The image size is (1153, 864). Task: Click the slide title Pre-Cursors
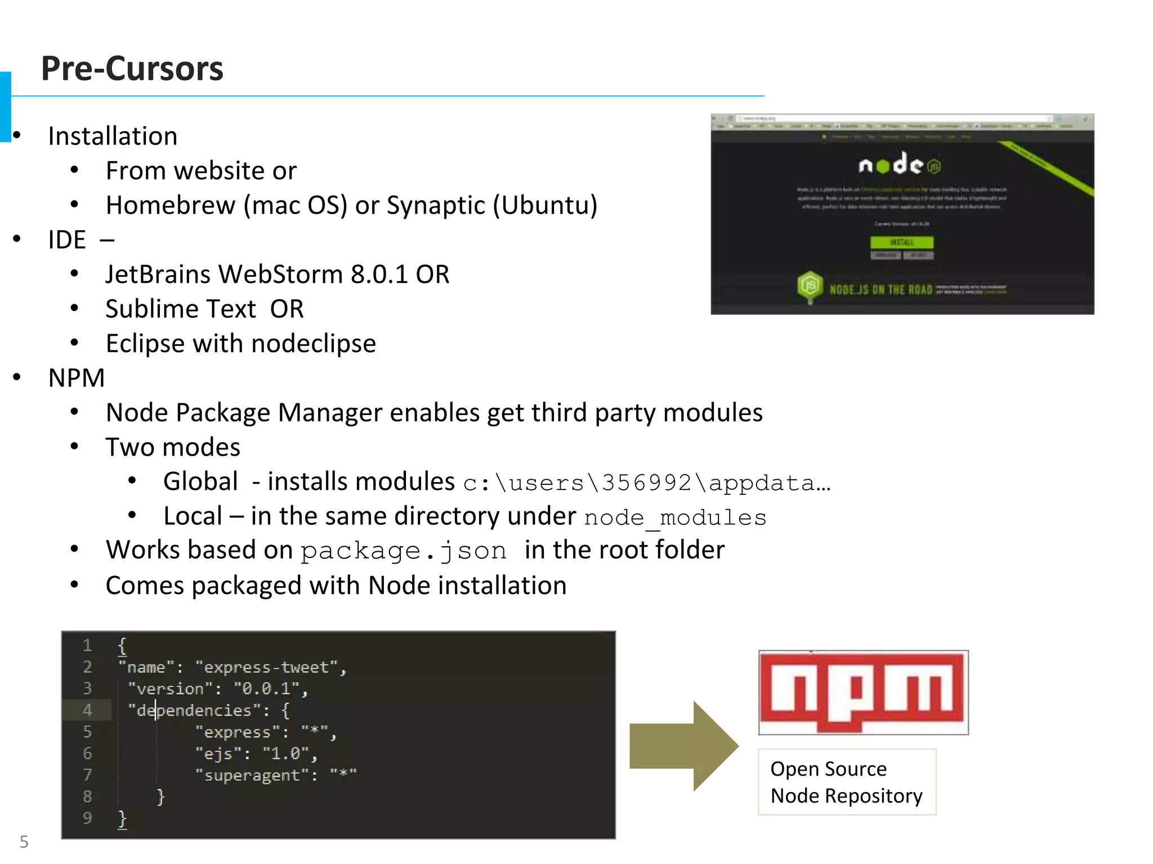(132, 69)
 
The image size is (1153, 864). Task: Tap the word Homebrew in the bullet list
(170, 205)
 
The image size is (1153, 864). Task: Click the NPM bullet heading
(77, 378)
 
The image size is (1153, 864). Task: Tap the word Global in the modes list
(200, 482)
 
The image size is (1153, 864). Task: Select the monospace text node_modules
(675, 517)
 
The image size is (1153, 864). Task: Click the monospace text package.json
(403, 551)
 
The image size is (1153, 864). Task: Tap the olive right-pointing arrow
(683, 746)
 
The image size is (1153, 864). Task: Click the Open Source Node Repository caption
(846, 782)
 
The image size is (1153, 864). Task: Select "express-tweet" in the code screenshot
(266, 668)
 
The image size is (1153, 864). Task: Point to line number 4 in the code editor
(87, 710)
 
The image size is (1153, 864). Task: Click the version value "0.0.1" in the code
(266, 689)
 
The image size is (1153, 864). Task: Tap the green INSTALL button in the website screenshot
(901, 242)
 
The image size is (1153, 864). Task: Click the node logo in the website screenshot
(899, 164)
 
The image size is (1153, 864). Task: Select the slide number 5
(24, 841)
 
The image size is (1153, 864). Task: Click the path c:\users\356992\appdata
(646, 483)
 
